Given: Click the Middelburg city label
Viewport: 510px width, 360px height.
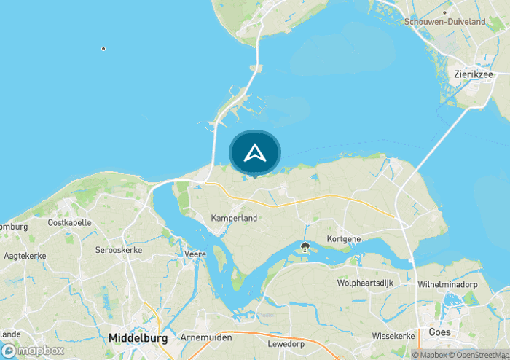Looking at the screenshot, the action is (x=138, y=338).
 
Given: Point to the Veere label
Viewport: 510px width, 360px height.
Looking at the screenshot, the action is (x=195, y=254).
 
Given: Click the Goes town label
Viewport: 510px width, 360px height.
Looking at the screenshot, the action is (x=440, y=332).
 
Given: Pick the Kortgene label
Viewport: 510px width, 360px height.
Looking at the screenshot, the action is (x=344, y=238).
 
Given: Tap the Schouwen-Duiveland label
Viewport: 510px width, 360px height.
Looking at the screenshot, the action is (x=444, y=22).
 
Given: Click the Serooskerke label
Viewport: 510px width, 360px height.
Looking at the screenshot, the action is (x=118, y=250).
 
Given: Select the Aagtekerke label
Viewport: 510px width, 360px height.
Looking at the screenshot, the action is (x=25, y=256).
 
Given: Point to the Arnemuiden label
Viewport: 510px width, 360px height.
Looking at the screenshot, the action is (x=205, y=338).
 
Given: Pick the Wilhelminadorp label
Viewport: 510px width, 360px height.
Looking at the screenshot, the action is (x=452, y=284).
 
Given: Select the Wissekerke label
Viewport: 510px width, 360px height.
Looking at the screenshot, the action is (x=393, y=336).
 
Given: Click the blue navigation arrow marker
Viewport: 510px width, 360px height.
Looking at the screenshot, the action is (x=254, y=153).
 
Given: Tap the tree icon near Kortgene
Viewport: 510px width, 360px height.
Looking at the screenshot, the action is (x=305, y=247).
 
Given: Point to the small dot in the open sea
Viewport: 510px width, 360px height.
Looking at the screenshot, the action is (x=103, y=49).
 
